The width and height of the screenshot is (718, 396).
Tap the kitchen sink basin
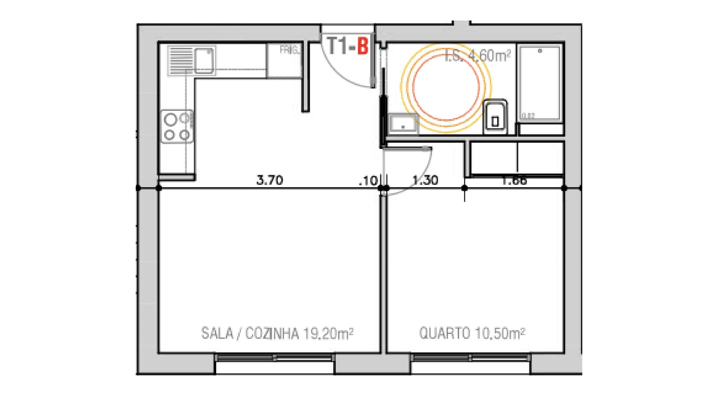click(204, 61)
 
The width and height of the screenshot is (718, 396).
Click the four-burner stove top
click(177, 126)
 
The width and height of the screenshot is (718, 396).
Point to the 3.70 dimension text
click(270, 180)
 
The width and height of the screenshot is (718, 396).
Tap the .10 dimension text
click(368, 181)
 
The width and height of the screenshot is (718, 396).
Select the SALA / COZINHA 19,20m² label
click(277, 333)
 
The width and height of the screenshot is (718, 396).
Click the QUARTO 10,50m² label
click(472, 333)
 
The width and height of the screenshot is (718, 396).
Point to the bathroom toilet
click(495, 117)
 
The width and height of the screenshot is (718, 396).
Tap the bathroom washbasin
click(403, 124)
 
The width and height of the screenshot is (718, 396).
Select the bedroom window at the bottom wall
click(471, 357)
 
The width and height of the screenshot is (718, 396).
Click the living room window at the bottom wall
click(275, 357)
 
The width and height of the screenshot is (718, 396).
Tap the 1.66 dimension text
click(515, 181)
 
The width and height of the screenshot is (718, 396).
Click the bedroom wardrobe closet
click(517, 157)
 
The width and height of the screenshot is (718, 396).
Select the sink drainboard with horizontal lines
click(180, 60)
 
